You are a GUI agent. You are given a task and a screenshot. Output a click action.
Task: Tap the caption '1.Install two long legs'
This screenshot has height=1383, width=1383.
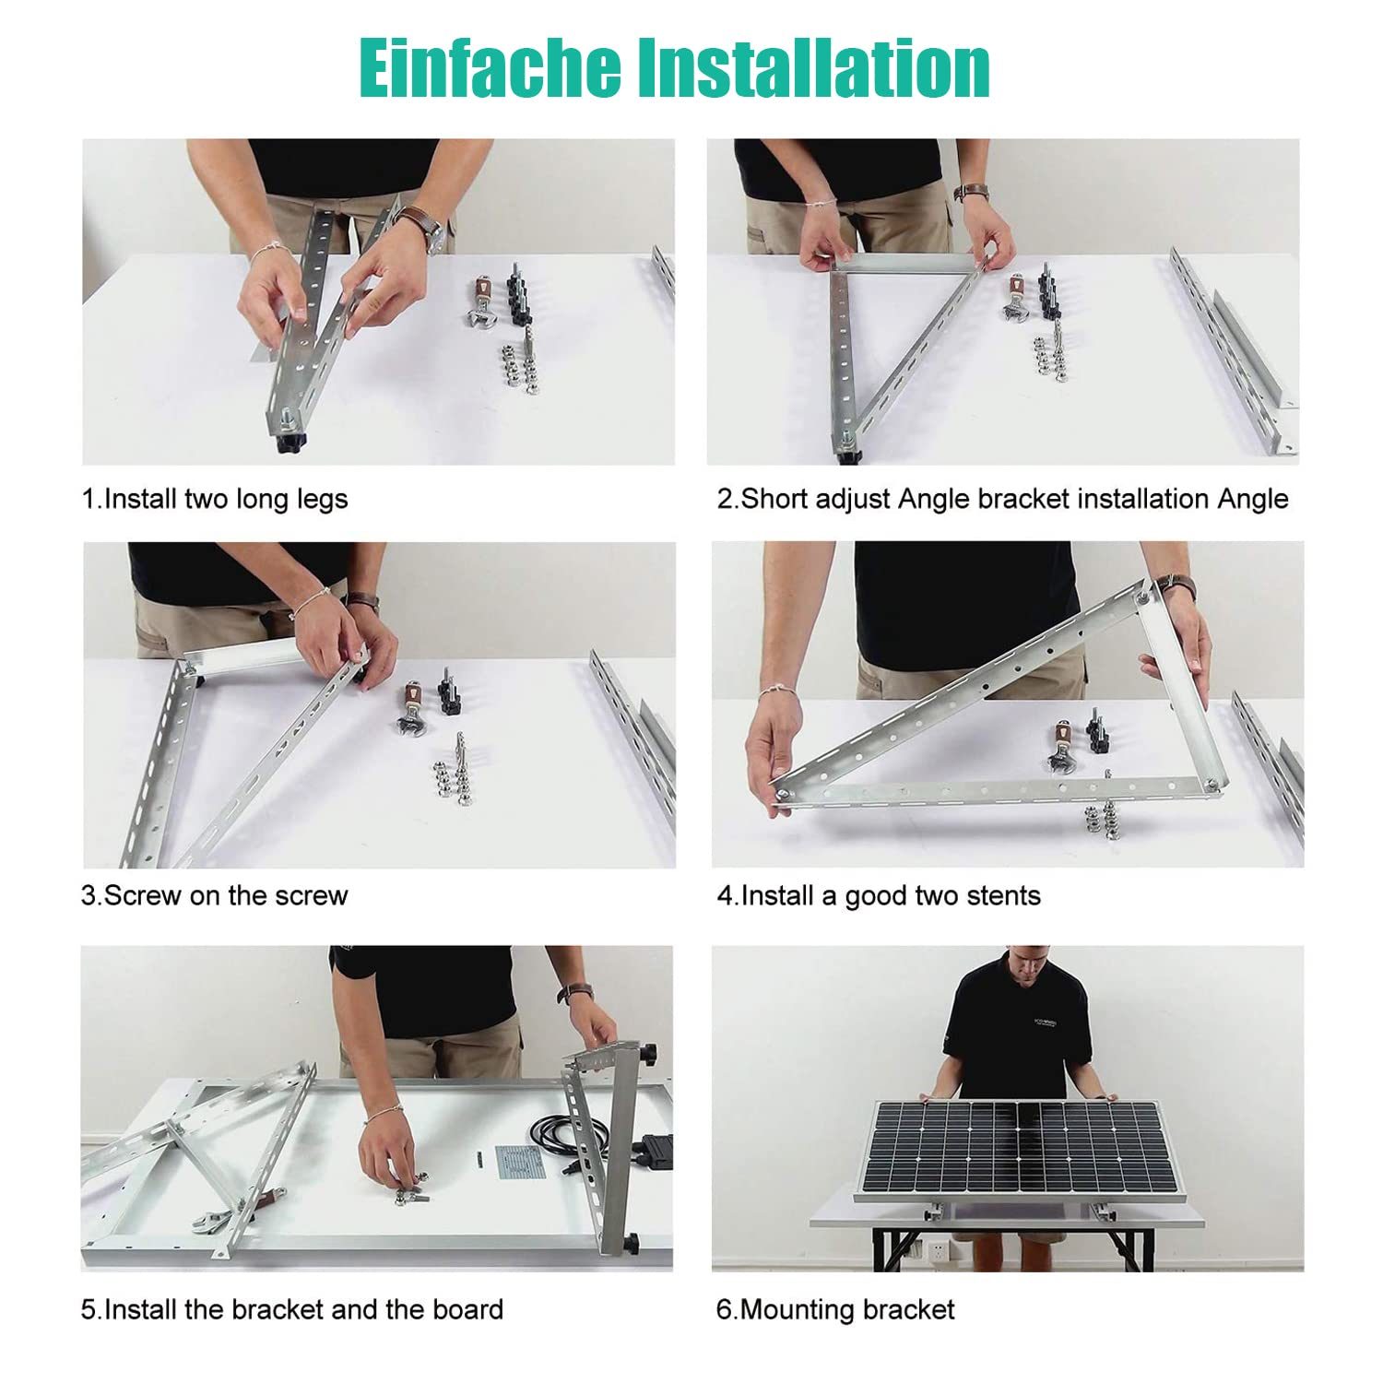click(215, 499)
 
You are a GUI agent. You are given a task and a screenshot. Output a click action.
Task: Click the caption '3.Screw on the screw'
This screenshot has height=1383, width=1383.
click(215, 895)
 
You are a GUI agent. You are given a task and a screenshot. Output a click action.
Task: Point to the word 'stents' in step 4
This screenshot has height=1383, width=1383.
click(1000, 895)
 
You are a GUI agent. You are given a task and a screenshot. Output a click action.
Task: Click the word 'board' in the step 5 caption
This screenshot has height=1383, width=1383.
click(464, 1309)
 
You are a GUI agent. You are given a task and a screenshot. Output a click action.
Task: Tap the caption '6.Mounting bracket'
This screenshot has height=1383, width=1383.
click(835, 1309)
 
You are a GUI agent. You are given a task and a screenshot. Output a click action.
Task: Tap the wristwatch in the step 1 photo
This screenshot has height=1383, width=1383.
click(426, 224)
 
